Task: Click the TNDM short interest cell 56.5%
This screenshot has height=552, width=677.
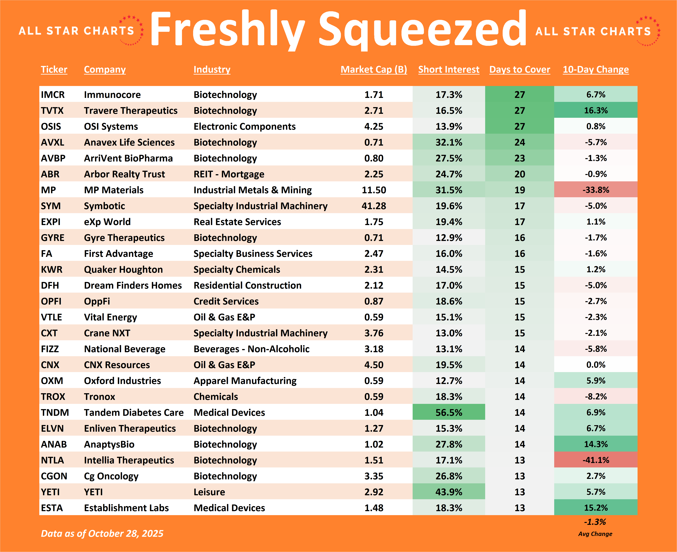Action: coord(449,412)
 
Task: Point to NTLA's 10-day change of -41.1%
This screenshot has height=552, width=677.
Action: coord(596,460)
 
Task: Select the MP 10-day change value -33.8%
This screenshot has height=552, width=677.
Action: coord(596,190)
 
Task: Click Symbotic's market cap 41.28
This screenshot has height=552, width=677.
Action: coord(374,206)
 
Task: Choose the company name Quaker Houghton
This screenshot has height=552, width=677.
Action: coord(123,269)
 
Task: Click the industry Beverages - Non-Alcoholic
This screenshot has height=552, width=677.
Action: coord(251,349)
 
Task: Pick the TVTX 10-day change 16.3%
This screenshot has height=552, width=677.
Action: coord(596,110)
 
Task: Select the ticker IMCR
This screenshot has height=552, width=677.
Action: coord(53,94)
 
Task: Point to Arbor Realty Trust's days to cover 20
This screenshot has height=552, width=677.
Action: coord(520,174)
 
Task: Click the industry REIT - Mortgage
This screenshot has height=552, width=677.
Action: coord(229,174)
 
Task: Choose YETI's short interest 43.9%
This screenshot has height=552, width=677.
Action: coord(449,492)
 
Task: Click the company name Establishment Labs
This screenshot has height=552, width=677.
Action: coord(126,508)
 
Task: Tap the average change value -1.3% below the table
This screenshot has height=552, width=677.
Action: coord(595,522)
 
